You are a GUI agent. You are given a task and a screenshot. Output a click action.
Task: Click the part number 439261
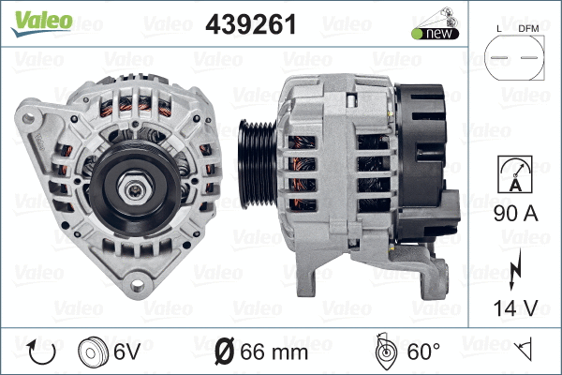(x=249, y=25)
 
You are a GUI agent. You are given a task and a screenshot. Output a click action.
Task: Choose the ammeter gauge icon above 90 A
(x=515, y=173)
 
